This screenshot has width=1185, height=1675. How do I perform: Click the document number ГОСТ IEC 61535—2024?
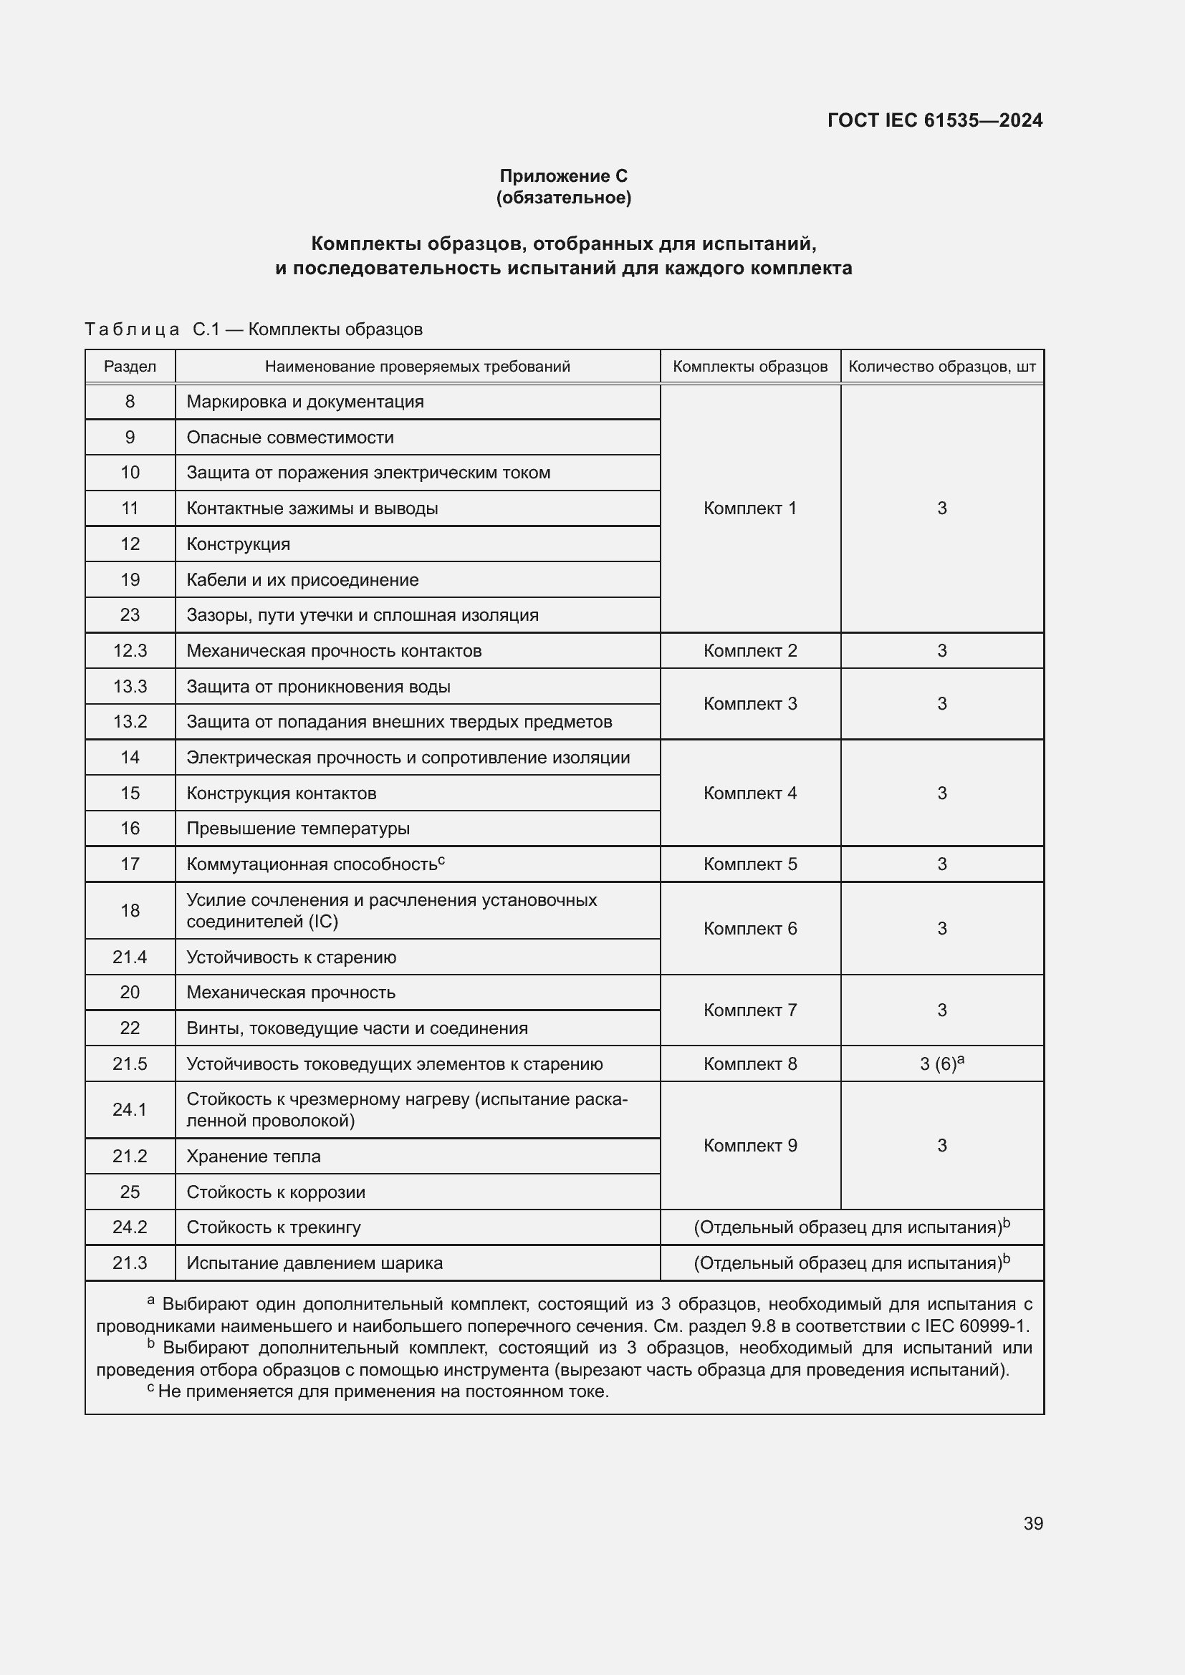(x=935, y=120)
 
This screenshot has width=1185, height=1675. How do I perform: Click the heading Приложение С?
(x=563, y=176)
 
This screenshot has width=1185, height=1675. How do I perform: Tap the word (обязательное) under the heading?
(x=563, y=198)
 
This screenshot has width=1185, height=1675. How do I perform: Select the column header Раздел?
(x=130, y=366)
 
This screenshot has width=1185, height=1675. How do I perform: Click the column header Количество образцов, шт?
(x=941, y=366)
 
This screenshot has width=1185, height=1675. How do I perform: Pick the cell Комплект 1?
(x=749, y=508)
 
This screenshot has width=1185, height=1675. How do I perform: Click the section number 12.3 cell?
(x=130, y=651)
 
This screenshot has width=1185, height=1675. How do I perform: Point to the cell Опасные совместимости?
(x=289, y=438)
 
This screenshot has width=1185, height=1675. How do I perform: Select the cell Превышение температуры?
(x=298, y=829)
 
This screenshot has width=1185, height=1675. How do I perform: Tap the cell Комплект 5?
(x=749, y=864)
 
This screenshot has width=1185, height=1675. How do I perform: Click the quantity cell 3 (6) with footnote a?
(x=941, y=1063)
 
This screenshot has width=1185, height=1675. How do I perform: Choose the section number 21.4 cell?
(x=130, y=957)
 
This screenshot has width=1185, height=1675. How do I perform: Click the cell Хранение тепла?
(x=253, y=1157)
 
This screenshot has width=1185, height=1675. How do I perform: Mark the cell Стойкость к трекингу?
(x=274, y=1227)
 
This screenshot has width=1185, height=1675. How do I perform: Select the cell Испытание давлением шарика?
(x=314, y=1263)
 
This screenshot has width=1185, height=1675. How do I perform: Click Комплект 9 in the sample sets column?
(x=749, y=1145)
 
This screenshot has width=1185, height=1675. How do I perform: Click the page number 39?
(x=1032, y=1523)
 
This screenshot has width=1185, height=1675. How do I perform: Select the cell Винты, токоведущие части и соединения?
(x=357, y=1028)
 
